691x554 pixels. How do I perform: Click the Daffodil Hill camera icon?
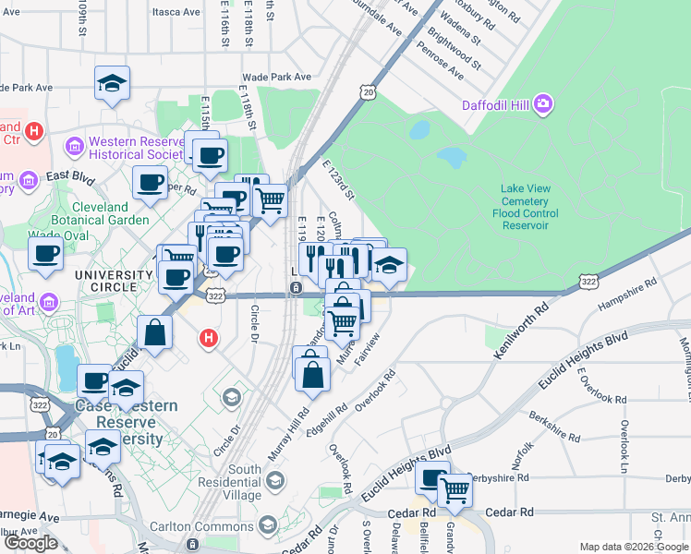click(x=544, y=103)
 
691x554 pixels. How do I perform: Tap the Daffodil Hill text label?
click(x=494, y=104)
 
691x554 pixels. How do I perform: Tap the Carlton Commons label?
click(x=216, y=524)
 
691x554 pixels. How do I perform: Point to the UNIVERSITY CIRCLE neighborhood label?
click(x=114, y=275)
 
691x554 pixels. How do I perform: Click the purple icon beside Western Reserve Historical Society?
click(x=74, y=147)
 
